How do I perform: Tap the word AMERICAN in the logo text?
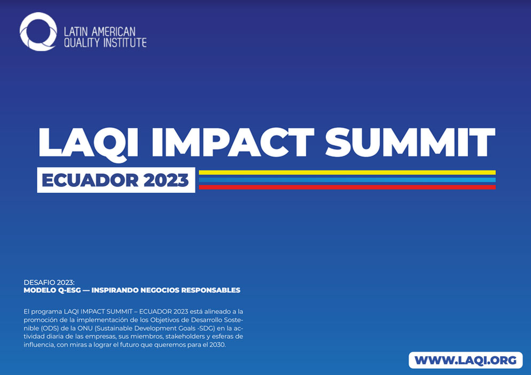point(113,32)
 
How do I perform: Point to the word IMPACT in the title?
point(233,142)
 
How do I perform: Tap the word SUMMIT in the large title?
point(410,142)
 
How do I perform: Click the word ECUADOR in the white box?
point(90,180)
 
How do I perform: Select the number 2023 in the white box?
point(166,180)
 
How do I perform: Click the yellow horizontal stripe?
point(347,173)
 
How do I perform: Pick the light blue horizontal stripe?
point(347,180)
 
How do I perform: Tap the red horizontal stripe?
point(347,187)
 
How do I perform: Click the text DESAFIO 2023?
point(49,282)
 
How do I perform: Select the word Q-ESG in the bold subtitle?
point(69,290)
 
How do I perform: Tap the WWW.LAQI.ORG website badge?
point(466,360)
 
